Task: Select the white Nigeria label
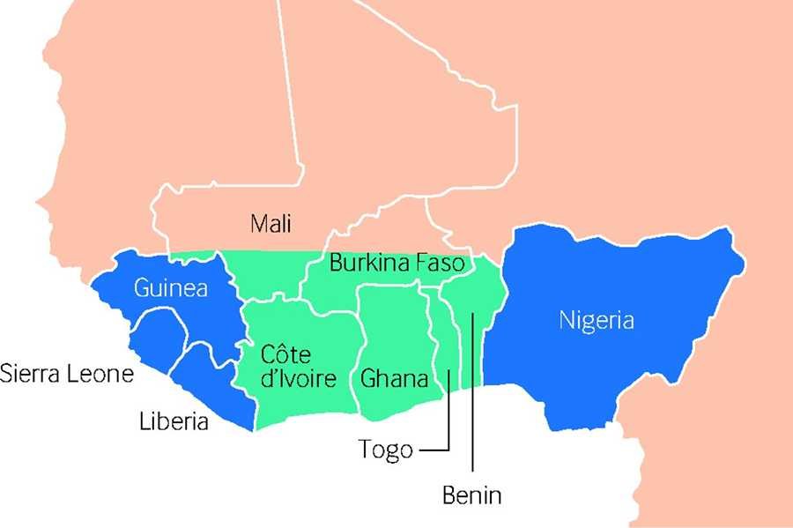[x=596, y=320]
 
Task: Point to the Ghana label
[x=394, y=380]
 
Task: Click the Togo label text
[x=385, y=450]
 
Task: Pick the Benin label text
[x=471, y=495]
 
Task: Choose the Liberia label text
[x=174, y=421]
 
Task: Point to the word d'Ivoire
[x=299, y=380]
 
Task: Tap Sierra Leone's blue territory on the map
[x=154, y=338]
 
